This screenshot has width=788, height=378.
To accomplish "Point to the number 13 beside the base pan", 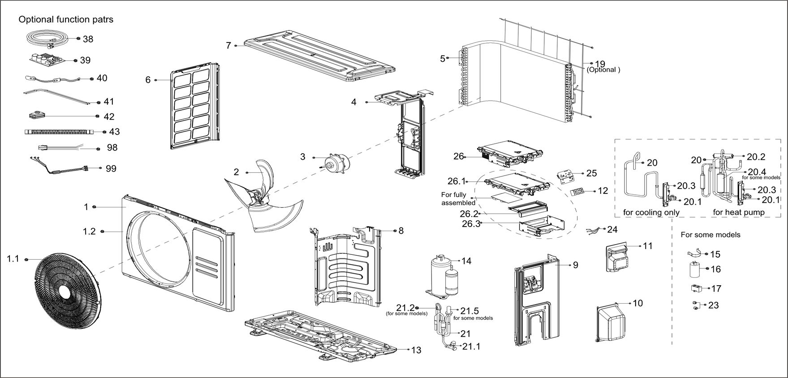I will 416,350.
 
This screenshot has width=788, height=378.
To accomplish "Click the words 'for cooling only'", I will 651,212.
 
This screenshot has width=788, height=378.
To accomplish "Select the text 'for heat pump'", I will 738,212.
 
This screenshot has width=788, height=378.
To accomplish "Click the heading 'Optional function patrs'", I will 66,19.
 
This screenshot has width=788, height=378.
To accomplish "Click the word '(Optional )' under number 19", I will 603,70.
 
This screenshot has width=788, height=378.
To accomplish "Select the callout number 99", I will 111,168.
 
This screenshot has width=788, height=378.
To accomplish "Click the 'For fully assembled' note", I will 458,198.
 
